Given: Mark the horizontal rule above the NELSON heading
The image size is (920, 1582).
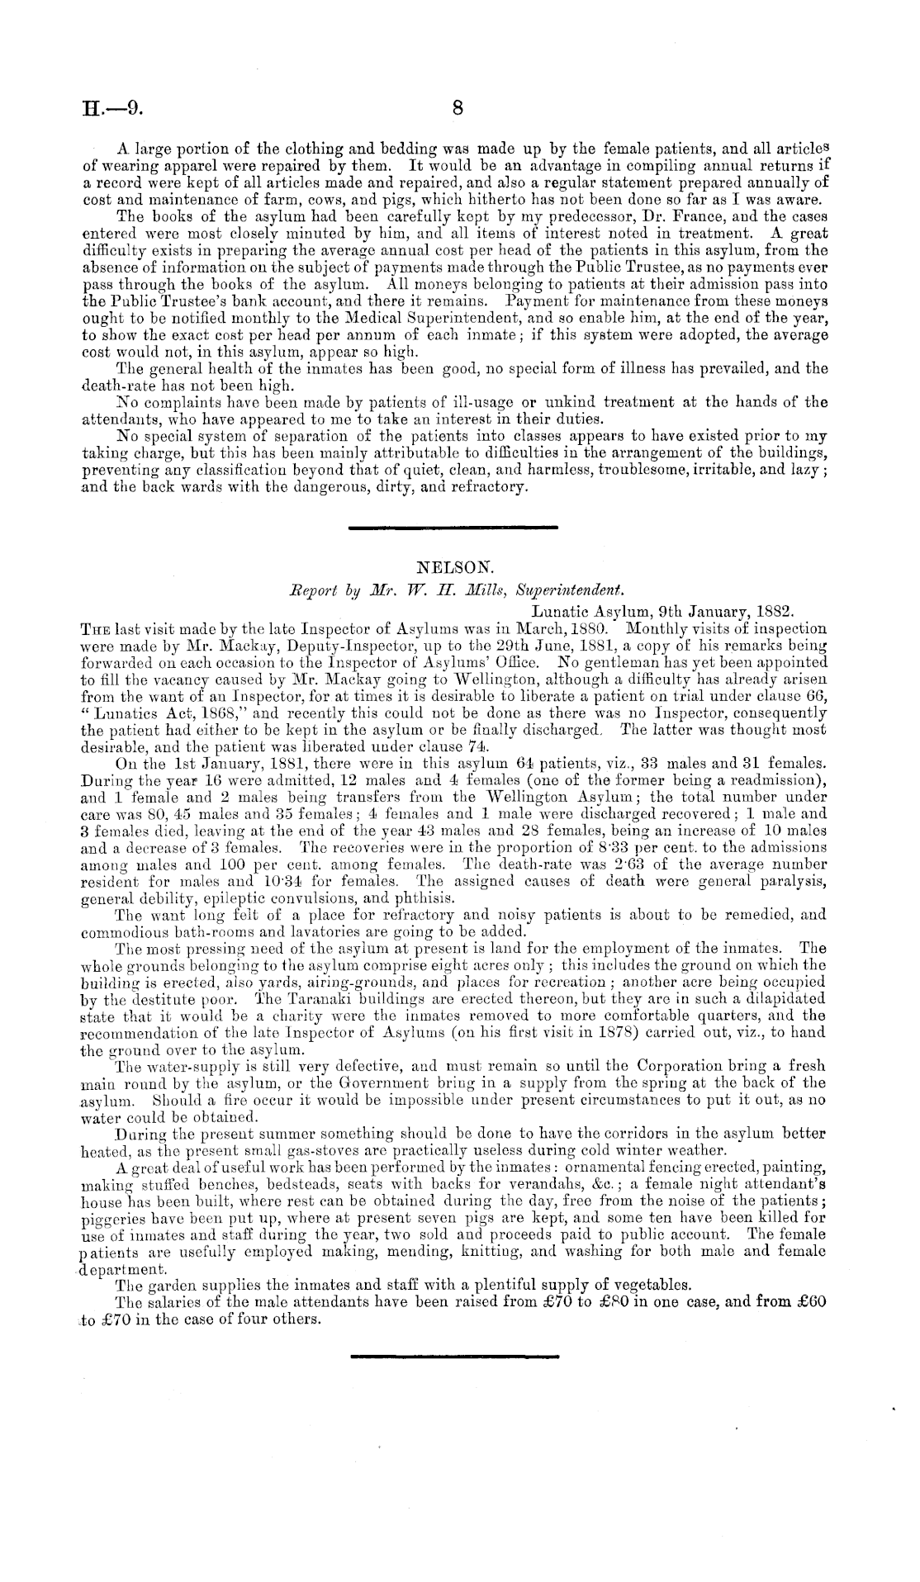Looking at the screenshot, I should click(453, 527).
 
